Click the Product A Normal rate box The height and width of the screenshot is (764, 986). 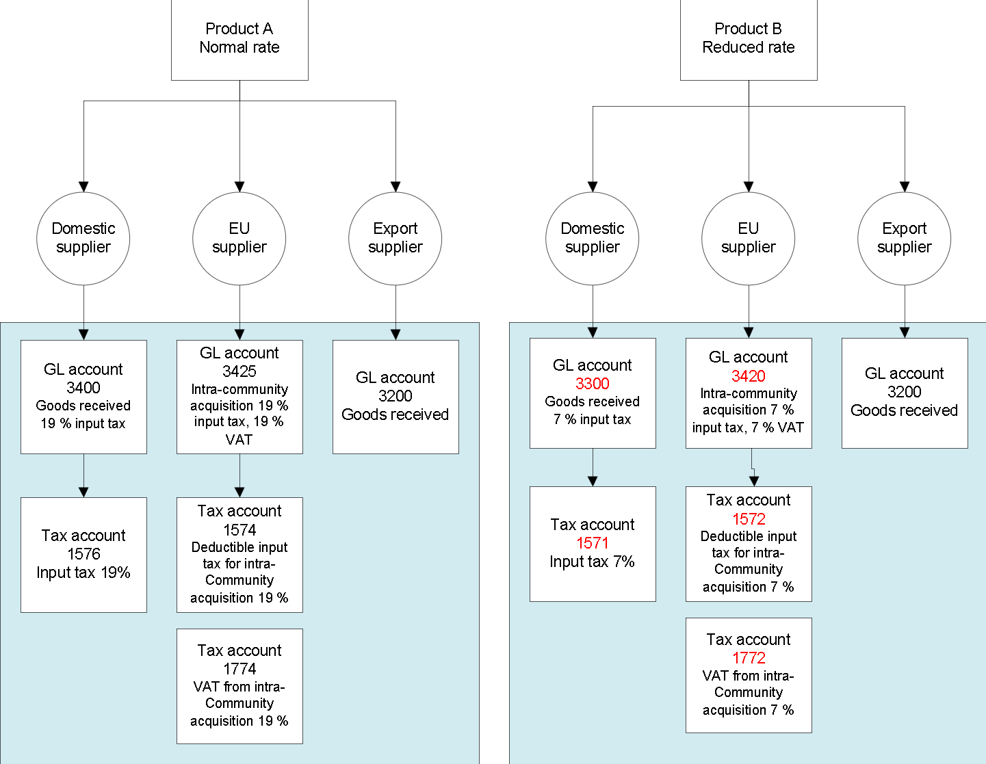239,39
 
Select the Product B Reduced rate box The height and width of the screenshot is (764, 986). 749,39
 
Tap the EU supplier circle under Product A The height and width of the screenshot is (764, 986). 239,238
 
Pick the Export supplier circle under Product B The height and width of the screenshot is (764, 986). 904,238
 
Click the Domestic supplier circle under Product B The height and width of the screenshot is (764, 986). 593,238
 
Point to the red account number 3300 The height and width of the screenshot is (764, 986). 593,384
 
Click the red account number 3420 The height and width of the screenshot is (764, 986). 749,376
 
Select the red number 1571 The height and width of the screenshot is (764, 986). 593,543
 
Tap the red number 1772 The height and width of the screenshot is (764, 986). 749,658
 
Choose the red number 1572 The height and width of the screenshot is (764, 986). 749,519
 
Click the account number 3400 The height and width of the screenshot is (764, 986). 83,388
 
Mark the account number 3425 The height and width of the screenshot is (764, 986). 239,371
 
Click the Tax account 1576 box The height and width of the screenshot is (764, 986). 83,555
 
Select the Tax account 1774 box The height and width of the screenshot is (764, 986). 239,686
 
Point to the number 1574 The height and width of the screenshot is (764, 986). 239,530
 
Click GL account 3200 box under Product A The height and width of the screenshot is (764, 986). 395,397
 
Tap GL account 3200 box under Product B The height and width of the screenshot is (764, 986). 905,393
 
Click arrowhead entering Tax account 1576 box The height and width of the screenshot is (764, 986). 83,492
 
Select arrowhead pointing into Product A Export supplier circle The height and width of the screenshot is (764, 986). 395,187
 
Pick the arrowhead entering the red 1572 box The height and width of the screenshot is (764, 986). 754,481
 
